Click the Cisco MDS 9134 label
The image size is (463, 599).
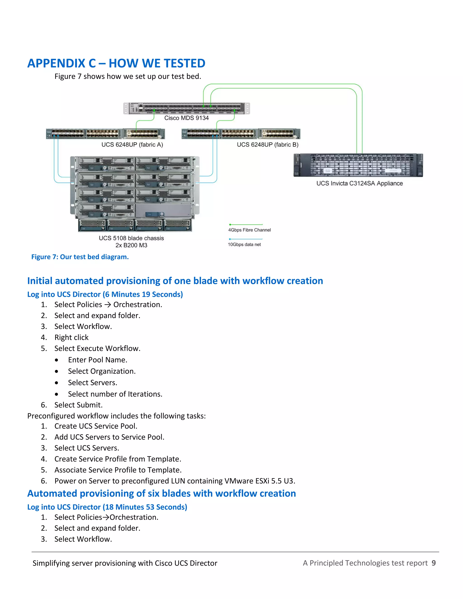click(x=186, y=118)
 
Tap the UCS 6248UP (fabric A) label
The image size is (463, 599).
click(x=132, y=144)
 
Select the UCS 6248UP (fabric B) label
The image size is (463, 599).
click(x=267, y=144)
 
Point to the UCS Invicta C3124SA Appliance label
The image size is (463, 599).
click(x=359, y=183)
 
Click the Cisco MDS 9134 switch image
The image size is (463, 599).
click(x=187, y=108)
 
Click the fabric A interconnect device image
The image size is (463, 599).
click(x=105, y=134)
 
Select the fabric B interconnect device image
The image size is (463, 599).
click(x=241, y=134)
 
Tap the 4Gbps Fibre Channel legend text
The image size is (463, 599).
click(x=249, y=230)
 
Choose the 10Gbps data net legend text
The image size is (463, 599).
click(x=244, y=244)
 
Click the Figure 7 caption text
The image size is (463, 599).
click(x=80, y=257)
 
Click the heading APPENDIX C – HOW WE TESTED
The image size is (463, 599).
click(x=116, y=63)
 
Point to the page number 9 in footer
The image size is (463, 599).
click(x=433, y=563)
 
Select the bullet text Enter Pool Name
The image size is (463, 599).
click(x=97, y=360)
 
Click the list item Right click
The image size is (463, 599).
click(x=71, y=337)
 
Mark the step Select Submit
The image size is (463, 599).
click(x=78, y=405)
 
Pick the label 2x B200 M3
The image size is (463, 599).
click(x=131, y=245)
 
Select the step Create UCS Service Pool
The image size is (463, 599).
click(x=96, y=426)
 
